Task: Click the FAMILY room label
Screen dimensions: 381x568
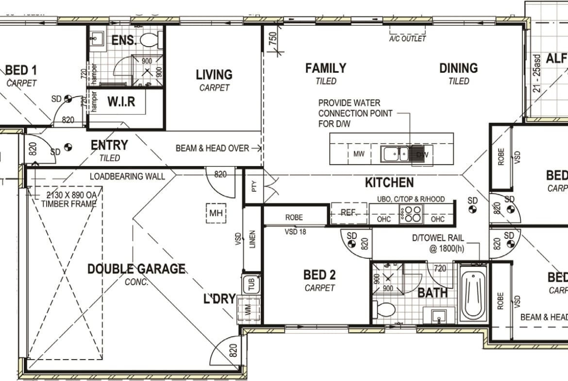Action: (x=326, y=68)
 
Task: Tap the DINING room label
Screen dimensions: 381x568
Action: (x=458, y=68)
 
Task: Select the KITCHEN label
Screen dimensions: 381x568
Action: (x=389, y=183)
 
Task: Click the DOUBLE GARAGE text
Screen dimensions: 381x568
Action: (x=136, y=269)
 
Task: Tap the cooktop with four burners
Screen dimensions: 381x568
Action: (x=411, y=214)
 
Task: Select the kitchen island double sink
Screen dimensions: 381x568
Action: (x=394, y=154)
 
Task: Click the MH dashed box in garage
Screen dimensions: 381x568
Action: (x=216, y=213)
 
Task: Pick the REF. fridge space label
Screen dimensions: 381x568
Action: (x=349, y=213)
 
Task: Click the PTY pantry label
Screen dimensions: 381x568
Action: (x=253, y=186)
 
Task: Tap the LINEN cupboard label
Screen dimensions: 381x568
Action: (x=252, y=239)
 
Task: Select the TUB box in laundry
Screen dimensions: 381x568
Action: (x=251, y=283)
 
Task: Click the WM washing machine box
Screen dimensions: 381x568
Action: (x=248, y=309)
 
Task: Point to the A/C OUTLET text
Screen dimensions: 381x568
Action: (x=408, y=38)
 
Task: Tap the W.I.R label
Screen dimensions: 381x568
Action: (x=121, y=102)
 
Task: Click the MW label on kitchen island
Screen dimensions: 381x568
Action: (x=359, y=154)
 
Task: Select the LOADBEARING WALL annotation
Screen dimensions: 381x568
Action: (x=127, y=176)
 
